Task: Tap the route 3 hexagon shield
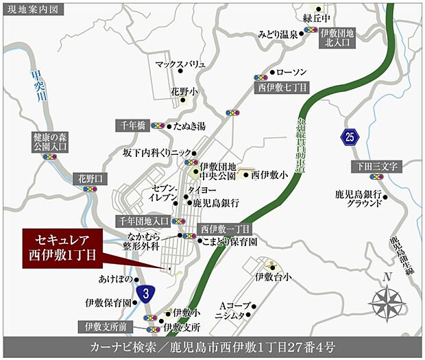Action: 145,293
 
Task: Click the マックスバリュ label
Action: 180,64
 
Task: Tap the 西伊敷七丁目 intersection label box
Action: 283,88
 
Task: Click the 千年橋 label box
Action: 132,125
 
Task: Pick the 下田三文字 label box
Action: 376,166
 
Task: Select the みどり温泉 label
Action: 278,33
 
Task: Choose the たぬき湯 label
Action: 190,126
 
